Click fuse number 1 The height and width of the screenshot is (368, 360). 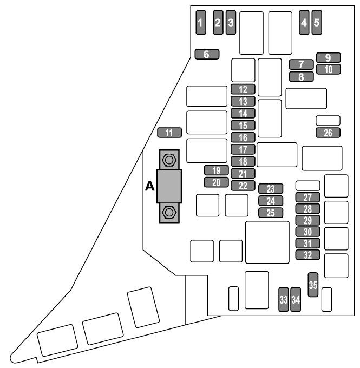pos(201,22)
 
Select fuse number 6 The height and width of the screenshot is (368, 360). pos(206,54)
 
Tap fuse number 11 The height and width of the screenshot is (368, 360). pos(169,133)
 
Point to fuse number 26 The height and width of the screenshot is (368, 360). pos(328,133)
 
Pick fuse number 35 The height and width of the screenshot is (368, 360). pos(313,284)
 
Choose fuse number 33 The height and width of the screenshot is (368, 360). pos(283,299)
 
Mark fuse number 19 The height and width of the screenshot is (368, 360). pos(216,170)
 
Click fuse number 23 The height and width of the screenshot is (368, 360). pos(271,189)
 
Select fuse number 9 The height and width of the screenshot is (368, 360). pos(328,57)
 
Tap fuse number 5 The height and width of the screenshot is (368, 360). pos(317,22)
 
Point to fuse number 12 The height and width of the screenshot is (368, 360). pos(243,89)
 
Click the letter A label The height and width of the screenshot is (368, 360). pos(149,187)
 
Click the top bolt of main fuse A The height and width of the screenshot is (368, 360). pos(169,160)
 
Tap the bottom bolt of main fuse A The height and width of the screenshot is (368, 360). pos(169,212)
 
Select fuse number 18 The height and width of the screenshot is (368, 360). pos(243,161)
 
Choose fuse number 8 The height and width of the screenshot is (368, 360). pos(302,76)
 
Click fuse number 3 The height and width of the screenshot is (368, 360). pos(231,22)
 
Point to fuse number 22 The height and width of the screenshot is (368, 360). pos(243,186)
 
